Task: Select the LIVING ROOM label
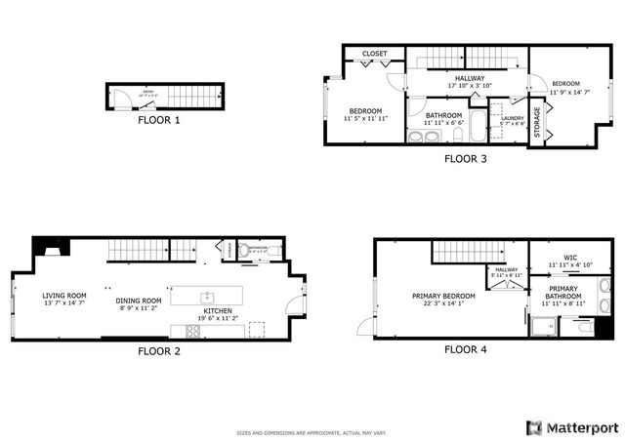(64, 296)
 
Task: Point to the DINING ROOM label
(139, 301)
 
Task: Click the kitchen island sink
(207, 296)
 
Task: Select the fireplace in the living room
(47, 247)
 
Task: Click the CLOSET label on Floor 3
(375, 54)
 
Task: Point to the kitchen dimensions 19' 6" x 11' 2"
(217, 318)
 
